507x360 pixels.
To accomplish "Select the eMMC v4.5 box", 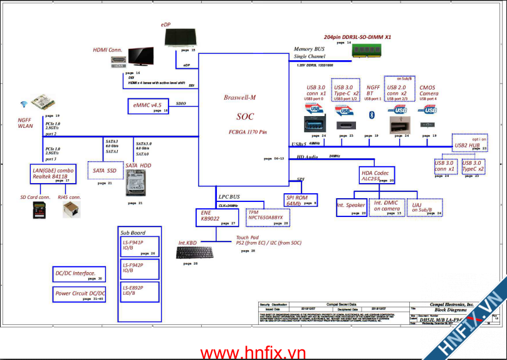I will pyautogui.click(x=147, y=106).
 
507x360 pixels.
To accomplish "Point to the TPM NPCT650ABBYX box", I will pyautogui.click(x=268, y=216).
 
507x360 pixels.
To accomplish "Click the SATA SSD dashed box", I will pyautogui.click(x=104, y=171).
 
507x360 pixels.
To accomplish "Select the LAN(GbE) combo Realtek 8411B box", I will pyautogui.click(x=53, y=174).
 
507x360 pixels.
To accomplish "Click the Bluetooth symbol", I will pyautogui.click(x=371, y=114).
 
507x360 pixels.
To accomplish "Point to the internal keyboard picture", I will pyautogui.click(x=195, y=252).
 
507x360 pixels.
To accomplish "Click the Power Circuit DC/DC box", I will pyautogui.click(x=80, y=294).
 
